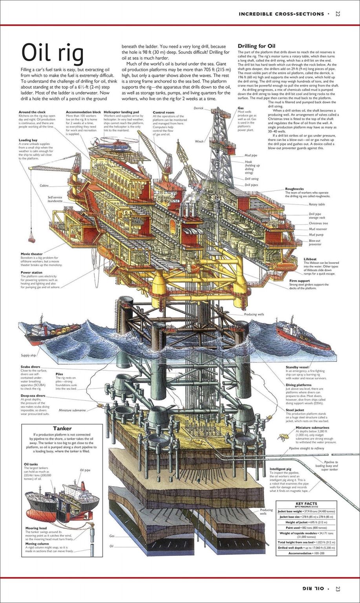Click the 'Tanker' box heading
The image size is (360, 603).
click(x=62, y=428)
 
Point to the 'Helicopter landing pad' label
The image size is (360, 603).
click(x=121, y=112)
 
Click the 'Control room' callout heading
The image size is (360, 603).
click(x=163, y=112)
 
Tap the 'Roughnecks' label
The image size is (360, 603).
click(x=294, y=189)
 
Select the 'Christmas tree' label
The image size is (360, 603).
click(x=318, y=223)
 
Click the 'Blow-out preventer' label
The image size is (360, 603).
click(x=315, y=242)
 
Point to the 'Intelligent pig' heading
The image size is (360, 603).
click(x=280, y=469)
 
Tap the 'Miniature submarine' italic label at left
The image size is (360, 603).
click(x=72, y=410)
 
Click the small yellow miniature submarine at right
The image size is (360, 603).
click(x=281, y=435)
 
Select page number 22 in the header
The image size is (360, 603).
click(x=338, y=14)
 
